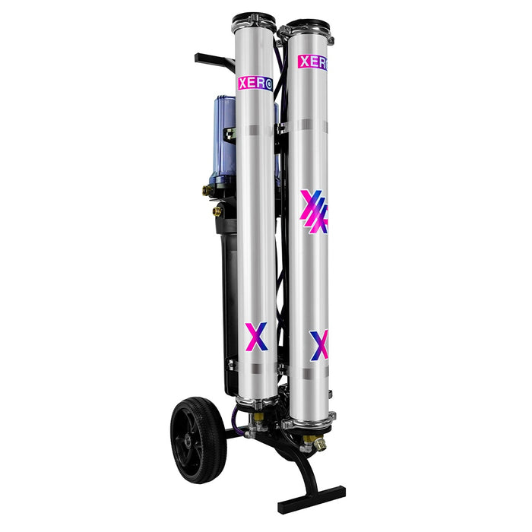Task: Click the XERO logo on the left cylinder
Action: tap(255, 84)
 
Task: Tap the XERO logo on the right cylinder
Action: tap(312, 62)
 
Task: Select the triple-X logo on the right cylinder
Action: tap(314, 212)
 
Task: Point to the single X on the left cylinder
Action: tap(256, 337)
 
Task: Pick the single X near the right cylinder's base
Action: tap(319, 345)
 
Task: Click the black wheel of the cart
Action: tap(198, 440)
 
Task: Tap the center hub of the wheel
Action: tap(187, 440)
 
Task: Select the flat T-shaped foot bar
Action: tap(312, 500)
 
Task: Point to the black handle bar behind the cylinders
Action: tap(214, 60)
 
